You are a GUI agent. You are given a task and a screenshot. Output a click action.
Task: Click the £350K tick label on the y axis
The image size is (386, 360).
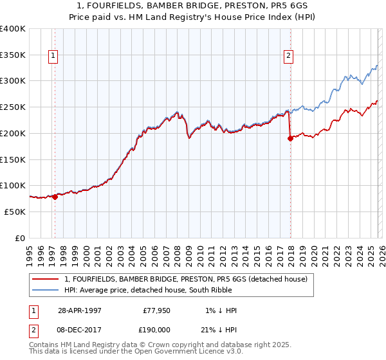click(13, 55)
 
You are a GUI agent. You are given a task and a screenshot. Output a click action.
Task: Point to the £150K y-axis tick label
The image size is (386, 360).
click(13, 159)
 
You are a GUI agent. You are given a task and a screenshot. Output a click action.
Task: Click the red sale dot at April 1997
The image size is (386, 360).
click(55, 197)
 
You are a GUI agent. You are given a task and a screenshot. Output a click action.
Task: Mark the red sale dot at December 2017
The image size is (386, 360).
click(290, 138)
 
